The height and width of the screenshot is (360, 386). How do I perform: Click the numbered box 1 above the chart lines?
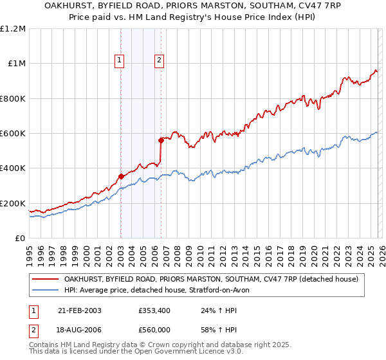[x=120, y=61]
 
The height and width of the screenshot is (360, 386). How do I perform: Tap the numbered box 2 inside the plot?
[x=159, y=61]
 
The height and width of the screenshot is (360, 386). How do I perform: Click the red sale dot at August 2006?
[x=161, y=139]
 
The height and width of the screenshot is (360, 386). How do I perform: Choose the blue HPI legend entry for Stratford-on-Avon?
[x=161, y=290]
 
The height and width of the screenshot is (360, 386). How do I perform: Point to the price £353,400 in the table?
[x=154, y=310]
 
